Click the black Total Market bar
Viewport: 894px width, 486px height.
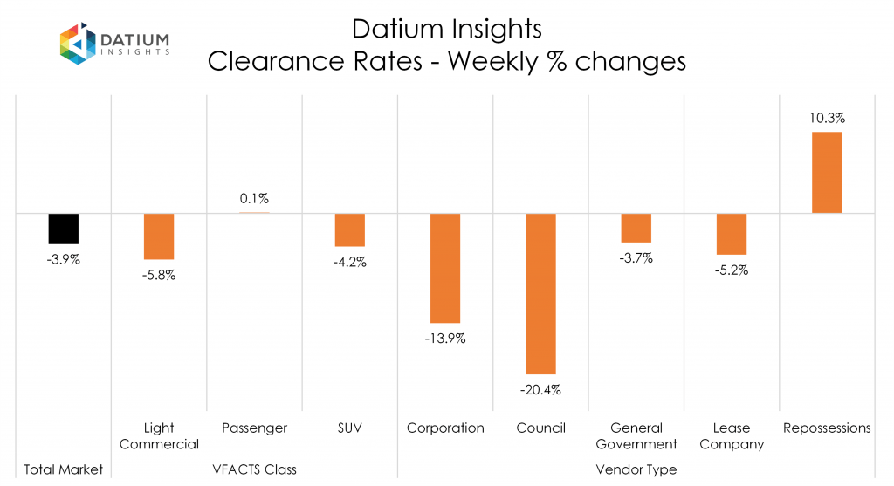pos(64,229)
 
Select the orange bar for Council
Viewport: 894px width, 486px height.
pos(540,294)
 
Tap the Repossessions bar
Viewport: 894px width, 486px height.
pos(827,172)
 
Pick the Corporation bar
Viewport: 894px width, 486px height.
pos(445,269)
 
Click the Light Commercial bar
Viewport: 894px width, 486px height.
pos(159,236)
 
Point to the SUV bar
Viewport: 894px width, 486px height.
pos(350,230)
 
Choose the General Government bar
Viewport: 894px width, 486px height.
pos(636,228)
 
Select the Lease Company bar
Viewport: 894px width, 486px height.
pos(732,234)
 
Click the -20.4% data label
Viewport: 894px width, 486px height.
pos(540,389)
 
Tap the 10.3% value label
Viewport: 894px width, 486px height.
pos(827,117)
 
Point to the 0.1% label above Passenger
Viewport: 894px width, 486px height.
pos(254,198)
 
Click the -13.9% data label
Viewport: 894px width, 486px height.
pos(445,339)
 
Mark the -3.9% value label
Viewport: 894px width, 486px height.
pos(64,259)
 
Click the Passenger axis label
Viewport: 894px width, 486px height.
pos(254,428)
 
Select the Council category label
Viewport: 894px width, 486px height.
pos(540,428)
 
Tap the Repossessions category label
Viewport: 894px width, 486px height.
pos(827,428)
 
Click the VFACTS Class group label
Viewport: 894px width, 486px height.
pos(254,469)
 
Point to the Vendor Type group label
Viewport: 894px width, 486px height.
pos(636,469)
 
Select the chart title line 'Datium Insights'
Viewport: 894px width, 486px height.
pos(446,29)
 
